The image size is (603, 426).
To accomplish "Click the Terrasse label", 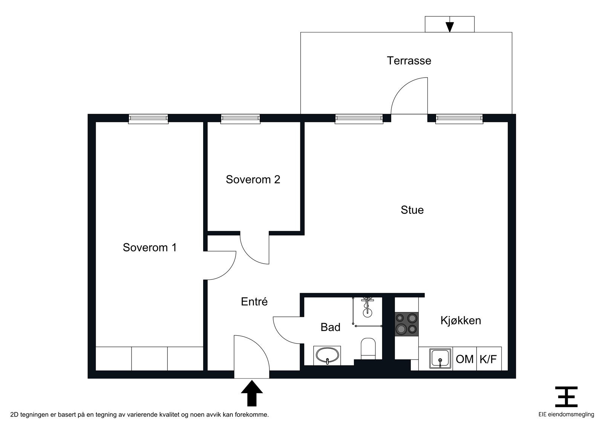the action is [409, 61].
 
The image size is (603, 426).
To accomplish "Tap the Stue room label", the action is [412, 210].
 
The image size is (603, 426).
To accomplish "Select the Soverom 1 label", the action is [150, 247].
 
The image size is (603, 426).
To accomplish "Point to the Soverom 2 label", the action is [253, 180].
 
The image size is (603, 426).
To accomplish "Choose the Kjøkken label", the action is [461, 321].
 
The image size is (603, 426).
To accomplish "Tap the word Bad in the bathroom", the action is [330, 327].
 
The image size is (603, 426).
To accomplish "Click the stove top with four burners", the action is [407, 324].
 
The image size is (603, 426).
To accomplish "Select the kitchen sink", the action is [440, 359].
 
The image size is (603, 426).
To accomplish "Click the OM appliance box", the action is [465, 359].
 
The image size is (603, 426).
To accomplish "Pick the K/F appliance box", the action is [489, 359].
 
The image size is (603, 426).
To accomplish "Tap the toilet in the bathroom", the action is [368, 348].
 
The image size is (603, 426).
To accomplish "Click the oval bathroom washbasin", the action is [327, 356].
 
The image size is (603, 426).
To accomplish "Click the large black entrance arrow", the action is [252, 393].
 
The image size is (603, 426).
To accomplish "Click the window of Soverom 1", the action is [148, 119].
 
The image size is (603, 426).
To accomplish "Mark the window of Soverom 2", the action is [240, 119].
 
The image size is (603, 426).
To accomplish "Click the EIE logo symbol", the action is [566, 397].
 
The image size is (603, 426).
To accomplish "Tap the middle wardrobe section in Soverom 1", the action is [149, 359].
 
